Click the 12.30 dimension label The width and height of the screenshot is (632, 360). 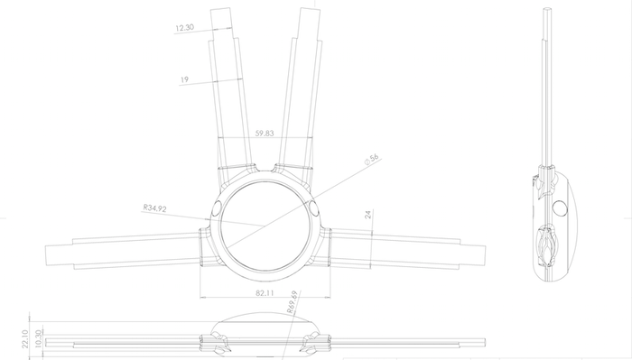pyautogui.click(x=184, y=28)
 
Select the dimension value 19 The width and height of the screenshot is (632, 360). pyautogui.click(x=184, y=79)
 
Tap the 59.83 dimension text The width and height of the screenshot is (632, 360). pyautogui.click(x=265, y=134)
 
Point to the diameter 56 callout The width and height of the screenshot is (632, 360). pyautogui.click(x=372, y=160)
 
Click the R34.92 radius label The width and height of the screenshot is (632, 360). pyautogui.click(x=154, y=208)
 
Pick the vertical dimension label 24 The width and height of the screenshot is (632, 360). pyautogui.click(x=368, y=215)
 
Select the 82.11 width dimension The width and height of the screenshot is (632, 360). pyautogui.click(x=265, y=292)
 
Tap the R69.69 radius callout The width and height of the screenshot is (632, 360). pyautogui.click(x=293, y=302)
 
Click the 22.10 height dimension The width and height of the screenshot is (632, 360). pyautogui.click(x=25, y=339)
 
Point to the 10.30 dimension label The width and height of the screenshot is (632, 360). pyautogui.click(x=39, y=338)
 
